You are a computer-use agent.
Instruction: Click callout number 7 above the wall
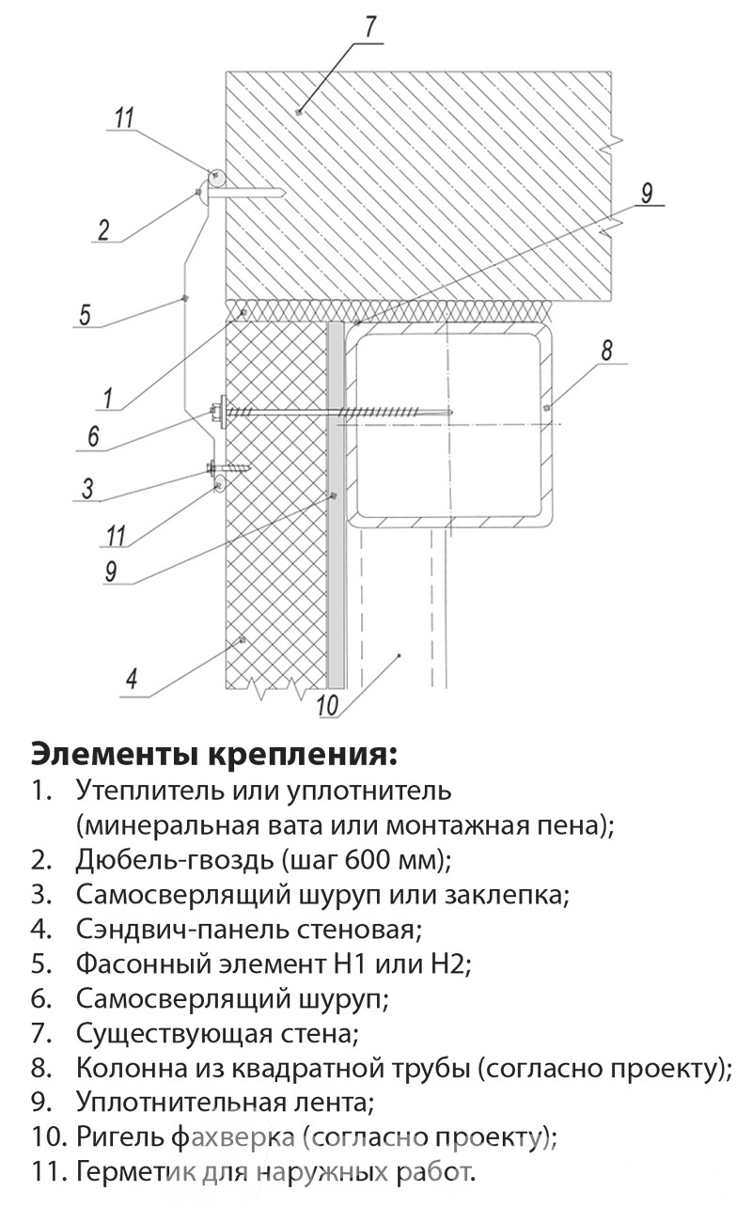371,27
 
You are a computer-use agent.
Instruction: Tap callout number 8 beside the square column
607,350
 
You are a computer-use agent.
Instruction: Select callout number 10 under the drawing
327,705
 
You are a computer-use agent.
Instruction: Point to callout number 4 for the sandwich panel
132,680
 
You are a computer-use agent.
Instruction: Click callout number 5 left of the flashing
85,315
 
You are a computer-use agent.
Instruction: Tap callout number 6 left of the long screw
93,436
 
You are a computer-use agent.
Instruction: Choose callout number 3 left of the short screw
87,488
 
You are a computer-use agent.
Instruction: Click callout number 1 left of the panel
108,399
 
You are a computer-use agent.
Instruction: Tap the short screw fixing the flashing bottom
227,467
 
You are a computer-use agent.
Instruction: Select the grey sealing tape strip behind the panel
336,505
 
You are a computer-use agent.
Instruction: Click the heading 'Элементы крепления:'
214,755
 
